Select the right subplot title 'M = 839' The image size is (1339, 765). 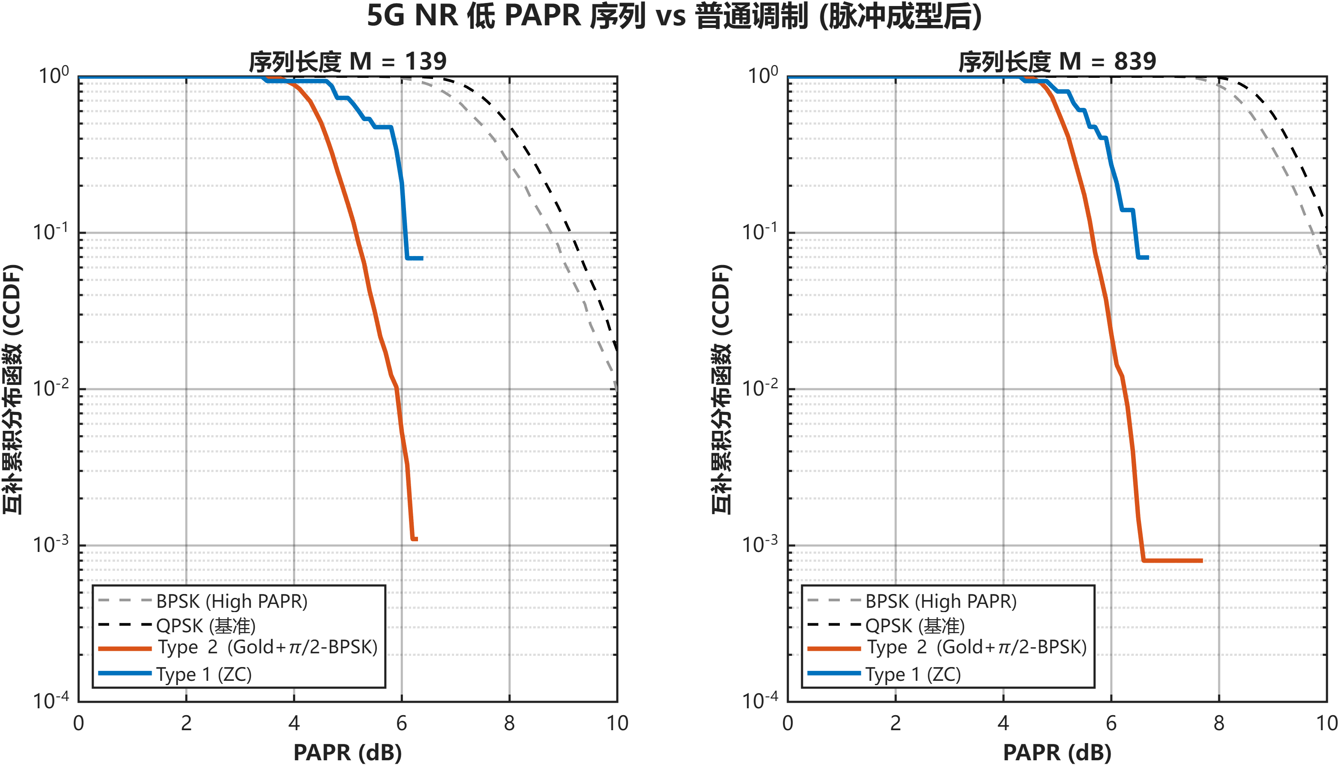(1056, 61)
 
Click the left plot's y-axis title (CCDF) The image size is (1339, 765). (12, 389)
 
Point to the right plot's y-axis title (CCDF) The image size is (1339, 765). (721, 389)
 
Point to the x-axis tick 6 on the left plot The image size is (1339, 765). (401, 723)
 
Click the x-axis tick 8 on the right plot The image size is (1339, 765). (1219, 723)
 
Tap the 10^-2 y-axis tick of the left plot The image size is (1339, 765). (51, 389)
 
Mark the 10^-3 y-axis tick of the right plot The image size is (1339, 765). (759, 544)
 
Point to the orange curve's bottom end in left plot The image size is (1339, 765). (414, 539)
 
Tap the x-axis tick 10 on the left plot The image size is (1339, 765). (617, 723)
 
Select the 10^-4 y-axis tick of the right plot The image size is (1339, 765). (759, 701)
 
